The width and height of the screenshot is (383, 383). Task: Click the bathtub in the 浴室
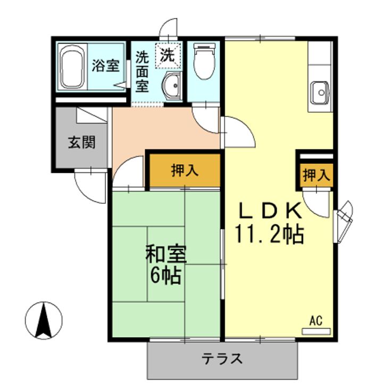(x=72, y=68)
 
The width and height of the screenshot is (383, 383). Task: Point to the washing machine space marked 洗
(x=168, y=55)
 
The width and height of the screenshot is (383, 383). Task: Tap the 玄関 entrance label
(x=81, y=142)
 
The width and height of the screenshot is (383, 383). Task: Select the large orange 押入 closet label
(x=184, y=171)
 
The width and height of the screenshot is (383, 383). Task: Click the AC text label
(x=316, y=320)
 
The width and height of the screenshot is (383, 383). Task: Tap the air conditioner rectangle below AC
(x=316, y=331)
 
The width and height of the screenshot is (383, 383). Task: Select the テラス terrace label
(x=222, y=359)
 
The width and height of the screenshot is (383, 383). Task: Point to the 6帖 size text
(x=166, y=276)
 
